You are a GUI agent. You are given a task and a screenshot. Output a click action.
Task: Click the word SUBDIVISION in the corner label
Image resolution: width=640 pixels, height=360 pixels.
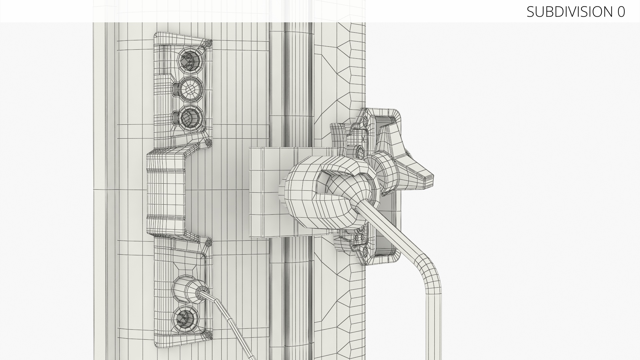(x=568, y=12)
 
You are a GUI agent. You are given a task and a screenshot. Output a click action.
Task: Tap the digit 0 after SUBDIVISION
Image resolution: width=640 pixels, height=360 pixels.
(x=621, y=12)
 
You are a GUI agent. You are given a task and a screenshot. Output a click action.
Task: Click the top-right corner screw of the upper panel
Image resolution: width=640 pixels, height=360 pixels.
(x=209, y=43)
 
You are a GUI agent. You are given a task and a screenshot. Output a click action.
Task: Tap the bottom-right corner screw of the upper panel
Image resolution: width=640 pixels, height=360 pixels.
(x=209, y=143)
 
